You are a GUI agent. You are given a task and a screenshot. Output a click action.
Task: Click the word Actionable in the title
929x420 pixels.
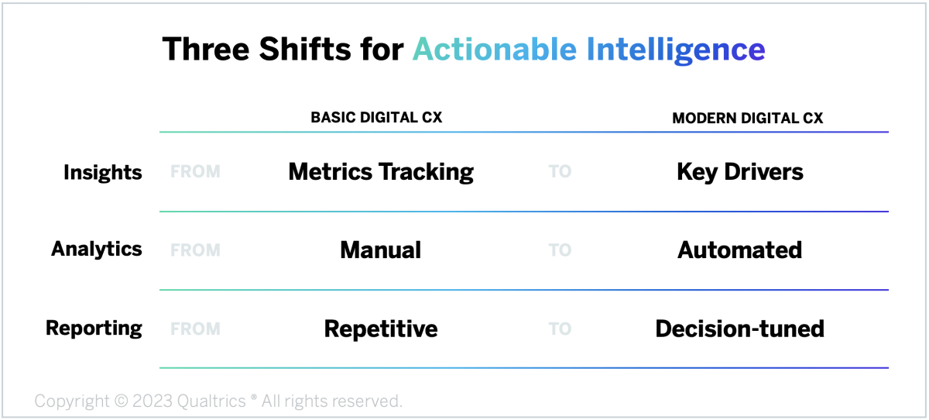click(495, 50)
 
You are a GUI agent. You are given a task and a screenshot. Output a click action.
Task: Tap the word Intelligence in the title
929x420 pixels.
click(676, 50)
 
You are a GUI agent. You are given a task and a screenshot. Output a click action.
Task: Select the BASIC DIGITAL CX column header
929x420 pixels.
click(376, 118)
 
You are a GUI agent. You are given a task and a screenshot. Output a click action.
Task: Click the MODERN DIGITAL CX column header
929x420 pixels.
click(747, 119)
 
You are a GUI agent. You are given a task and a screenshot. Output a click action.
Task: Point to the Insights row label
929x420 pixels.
click(102, 173)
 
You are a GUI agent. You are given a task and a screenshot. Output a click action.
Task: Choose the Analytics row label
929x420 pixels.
click(96, 249)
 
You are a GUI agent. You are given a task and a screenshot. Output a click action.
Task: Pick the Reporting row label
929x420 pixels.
click(94, 329)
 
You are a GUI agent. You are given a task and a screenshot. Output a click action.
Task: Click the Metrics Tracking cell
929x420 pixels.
click(381, 172)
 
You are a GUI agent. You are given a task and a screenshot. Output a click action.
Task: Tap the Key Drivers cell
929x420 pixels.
click(740, 172)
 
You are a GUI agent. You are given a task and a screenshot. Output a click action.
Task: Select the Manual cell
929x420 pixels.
click(381, 250)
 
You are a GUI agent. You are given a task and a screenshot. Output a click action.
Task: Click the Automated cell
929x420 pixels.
click(740, 250)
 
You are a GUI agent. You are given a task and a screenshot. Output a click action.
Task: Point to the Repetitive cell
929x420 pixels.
click(381, 329)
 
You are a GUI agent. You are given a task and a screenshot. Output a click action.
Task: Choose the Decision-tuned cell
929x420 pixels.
click(740, 329)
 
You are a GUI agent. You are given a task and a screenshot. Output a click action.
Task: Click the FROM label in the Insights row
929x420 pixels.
click(195, 171)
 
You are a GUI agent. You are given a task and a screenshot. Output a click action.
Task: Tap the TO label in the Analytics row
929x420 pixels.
click(560, 250)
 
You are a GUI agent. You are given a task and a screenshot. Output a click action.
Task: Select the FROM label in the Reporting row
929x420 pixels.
click(195, 329)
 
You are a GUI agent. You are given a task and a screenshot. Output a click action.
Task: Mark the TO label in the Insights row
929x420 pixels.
click(560, 171)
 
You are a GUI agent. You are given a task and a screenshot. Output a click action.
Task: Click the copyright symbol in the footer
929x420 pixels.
click(121, 401)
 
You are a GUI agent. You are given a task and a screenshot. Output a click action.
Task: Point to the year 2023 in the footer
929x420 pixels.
click(153, 401)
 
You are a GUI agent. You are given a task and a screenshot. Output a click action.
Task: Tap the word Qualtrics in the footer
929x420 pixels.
click(211, 401)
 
